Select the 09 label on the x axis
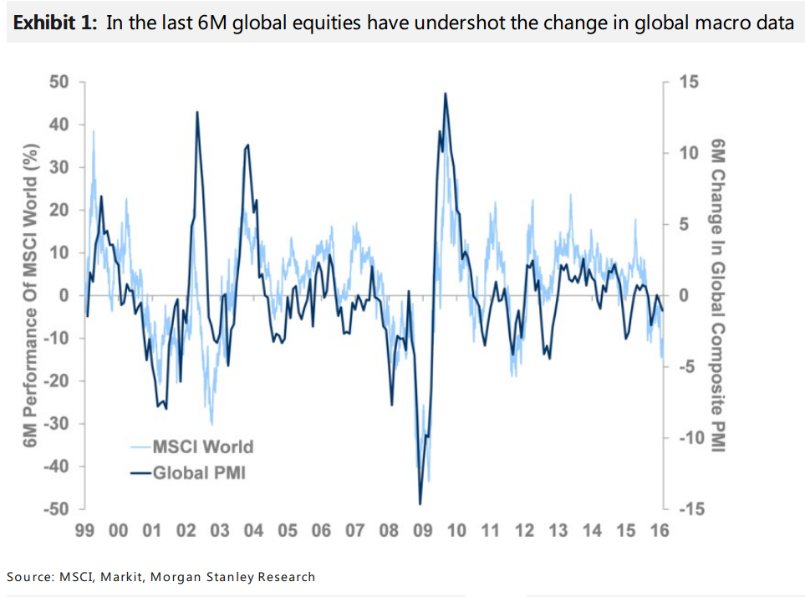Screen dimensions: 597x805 pyautogui.click(x=422, y=530)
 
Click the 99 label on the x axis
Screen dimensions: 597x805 pyautogui.click(x=84, y=530)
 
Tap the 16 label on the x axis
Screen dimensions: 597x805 pyautogui.click(x=659, y=530)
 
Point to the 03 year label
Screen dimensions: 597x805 pyautogui.click(x=220, y=530)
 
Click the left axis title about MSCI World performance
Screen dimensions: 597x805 pyautogui.click(x=32, y=295)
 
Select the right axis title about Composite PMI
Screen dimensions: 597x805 pyautogui.click(x=716, y=295)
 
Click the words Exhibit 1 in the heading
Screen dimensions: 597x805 pyautogui.click(x=54, y=23)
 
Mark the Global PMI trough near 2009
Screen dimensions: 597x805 pyautogui.click(x=420, y=504)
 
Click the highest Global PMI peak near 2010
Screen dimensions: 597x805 pyautogui.click(x=446, y=93)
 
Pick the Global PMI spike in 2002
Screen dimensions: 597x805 pyautogui.click(x=197, y=111)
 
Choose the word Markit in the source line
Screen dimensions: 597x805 pyautogui.click(x=124, y=576)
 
